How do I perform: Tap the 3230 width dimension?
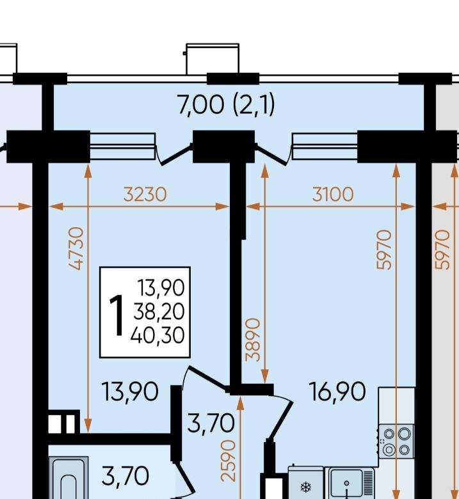click(145, 194)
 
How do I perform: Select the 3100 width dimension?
click(333, 194)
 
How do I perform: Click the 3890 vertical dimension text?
click(254, 339)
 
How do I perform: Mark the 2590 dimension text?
click(229, 461)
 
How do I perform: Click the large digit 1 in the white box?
click(117, 315)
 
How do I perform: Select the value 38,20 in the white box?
click(159, 312)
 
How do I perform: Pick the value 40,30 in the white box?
click(157, 335)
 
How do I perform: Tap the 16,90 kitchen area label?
click(337, 392)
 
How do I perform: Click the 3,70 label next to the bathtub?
click(125, 477)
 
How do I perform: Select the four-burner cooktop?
click(396, 441)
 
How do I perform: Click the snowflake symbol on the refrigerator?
click(306, 487)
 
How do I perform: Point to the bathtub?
click(68, 478)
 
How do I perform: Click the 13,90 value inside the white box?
click(161, 287)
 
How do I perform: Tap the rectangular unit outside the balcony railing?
click(212, 59)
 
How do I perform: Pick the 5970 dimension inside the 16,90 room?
click(384, 249)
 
